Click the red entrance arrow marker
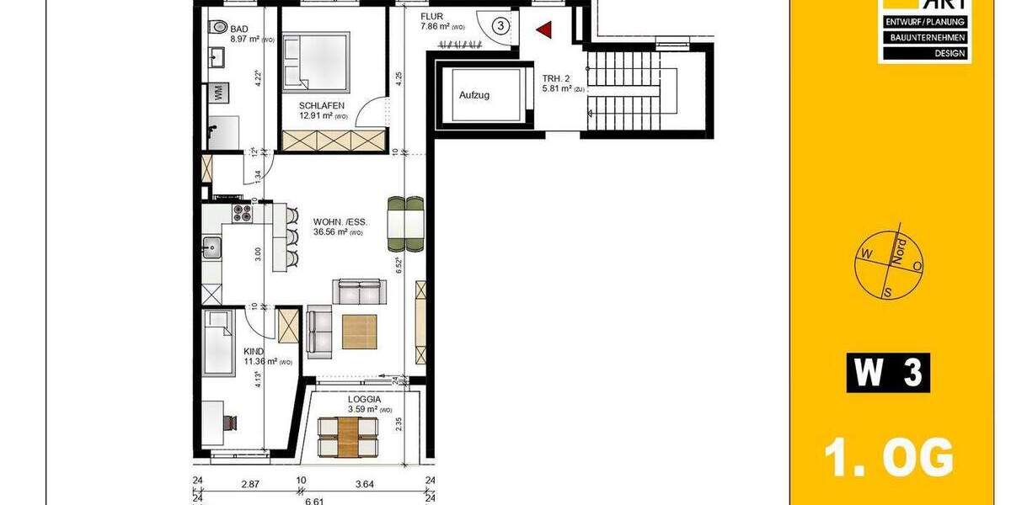coord(544,30)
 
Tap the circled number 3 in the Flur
coord(500,25)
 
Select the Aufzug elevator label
coord(474,95)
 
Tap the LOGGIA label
coord(365,400)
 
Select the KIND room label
coord(254,352)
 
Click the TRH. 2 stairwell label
coord(556,77)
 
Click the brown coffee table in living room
coord(360,330)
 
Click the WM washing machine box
coord(217,93)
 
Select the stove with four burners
coord(242,212)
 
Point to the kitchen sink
coord(211,247)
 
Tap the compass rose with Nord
coord(889,263)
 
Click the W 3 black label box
coord(888,373)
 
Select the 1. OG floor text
coord(888,459)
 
